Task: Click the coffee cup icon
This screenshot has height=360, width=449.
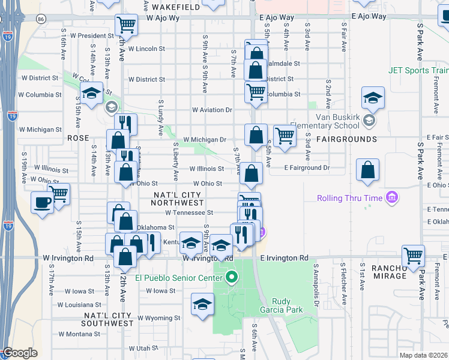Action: [x=43, y=202]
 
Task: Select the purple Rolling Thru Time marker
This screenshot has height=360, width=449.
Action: [x=392, y=197]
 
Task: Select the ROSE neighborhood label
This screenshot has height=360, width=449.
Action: [x=78, y=138]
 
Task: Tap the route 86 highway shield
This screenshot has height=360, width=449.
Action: [x=40, y=19]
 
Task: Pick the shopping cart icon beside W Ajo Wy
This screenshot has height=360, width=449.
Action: [x=127, y=25]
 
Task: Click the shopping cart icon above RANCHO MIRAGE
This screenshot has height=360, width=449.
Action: [x=414, y=255]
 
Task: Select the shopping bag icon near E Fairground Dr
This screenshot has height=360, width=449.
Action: [x=367, y=170]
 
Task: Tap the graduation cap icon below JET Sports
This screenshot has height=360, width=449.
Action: [x=373, y=98]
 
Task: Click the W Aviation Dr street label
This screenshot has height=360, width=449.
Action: [x=212, y=110]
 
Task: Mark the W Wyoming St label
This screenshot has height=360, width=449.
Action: [x=158, y=318]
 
